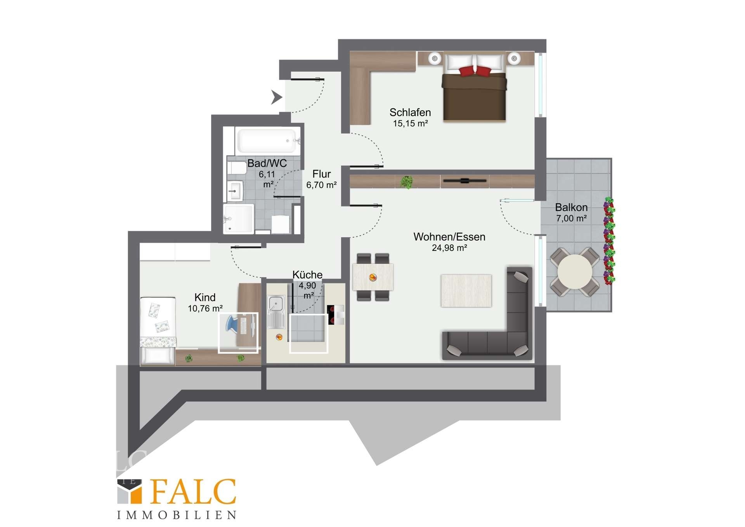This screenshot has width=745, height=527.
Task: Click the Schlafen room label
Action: coord(410,113)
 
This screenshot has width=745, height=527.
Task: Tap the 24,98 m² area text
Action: coord(449,248)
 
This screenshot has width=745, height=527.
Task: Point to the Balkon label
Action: coord(571,207)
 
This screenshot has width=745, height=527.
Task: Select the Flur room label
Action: coord(322,174)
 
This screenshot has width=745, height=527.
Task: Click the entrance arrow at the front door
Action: coord(276,97)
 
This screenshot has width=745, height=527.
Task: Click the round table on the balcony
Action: coord(575,271)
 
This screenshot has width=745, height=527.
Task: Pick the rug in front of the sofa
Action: coord(466,290)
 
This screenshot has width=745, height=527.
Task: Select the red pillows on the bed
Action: coord(475,71)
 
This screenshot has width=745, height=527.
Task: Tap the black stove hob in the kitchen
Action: coord(331,315)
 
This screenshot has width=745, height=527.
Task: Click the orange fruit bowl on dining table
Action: coord(373,277)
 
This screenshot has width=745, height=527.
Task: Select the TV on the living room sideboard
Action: coord(464,181)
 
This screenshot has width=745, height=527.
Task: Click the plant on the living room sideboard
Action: coord(407,182)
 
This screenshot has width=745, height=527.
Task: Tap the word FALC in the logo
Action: coord(193,492)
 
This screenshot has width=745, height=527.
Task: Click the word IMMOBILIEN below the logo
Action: coord(177,515)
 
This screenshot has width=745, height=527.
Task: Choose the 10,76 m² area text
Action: coord(205,309)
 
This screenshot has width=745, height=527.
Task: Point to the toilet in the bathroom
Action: coord(237,168)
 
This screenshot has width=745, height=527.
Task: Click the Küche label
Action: coord(307,275)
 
